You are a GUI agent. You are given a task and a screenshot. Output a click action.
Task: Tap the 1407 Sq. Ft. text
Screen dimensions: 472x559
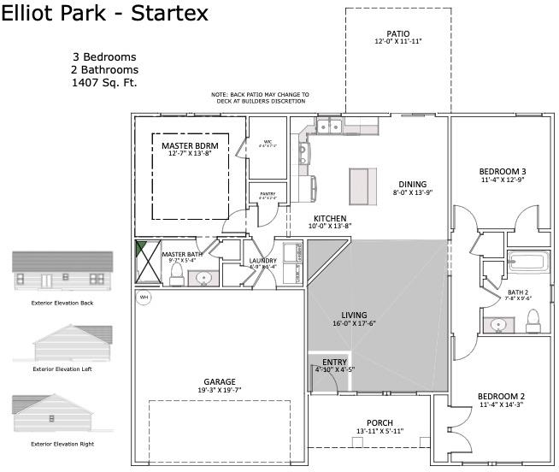click(x=104, y=83)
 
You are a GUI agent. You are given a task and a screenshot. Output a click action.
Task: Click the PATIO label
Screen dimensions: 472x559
click(x=397, y=33)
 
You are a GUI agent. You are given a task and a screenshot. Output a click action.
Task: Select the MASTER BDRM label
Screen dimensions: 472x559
click(x=190, y=146)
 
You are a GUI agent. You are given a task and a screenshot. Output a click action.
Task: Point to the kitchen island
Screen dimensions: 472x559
click(x=362, y=183)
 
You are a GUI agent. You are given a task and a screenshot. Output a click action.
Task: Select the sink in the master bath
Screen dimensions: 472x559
click(x=204, y=277)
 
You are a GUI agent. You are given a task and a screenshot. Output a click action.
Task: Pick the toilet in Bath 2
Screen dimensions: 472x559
click(x=533, y=321)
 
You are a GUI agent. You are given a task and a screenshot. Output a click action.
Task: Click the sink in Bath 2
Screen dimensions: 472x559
click(x=497, y=325)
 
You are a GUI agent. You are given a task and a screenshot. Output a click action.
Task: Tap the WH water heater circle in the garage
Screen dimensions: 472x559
click(x=144, y=298)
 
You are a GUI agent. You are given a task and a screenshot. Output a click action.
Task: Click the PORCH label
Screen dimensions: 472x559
click(x=380, y=423)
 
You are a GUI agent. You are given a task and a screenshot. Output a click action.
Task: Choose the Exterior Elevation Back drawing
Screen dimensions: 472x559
click(x=62, y=271)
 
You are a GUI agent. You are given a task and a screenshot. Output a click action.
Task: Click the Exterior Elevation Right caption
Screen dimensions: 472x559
click(x=62, y=444)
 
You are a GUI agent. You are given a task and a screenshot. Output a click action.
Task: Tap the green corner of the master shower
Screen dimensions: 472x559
click(x=141, y=248)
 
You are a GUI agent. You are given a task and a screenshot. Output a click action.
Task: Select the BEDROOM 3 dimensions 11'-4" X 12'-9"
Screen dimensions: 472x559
click(x=502, y=180)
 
